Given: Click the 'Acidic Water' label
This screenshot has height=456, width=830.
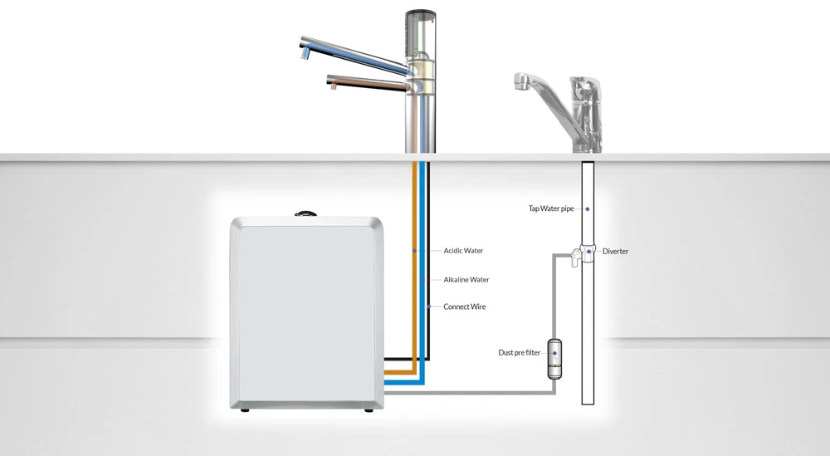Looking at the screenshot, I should point(463,251).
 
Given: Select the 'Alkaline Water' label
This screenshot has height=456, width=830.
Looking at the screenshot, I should point(466,280).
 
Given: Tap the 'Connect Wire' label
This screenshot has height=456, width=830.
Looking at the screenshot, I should point(464,307).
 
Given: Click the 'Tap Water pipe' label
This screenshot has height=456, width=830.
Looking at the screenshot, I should point(550,208).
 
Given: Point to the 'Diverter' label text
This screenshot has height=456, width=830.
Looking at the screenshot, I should point(615,252).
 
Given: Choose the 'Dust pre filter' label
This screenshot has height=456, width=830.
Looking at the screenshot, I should point(519,353).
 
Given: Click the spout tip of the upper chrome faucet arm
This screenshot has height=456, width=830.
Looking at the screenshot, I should point(304,54).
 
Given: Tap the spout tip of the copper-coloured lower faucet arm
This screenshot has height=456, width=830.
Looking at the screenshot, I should point(331,85).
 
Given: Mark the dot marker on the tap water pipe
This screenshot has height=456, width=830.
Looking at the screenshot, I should point(588,208).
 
